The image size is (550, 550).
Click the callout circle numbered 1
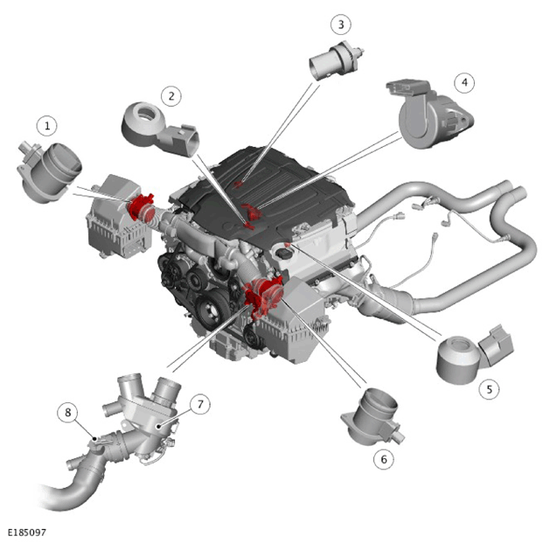(47, 126)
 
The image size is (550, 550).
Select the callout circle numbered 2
(171, 96)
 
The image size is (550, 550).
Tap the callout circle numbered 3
(341, 24)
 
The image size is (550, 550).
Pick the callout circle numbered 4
(464, 83)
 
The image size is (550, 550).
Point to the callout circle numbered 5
(490, 388)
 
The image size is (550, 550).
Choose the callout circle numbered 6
(384, 459)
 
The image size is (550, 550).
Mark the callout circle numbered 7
(200, 405)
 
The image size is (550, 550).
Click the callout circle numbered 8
(68, 413)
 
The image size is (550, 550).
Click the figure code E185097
(27, 533)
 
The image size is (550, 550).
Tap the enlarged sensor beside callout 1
(48, 172)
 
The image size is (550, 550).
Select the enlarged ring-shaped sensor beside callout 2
(160, 128)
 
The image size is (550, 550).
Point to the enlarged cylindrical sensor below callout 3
(335, 61)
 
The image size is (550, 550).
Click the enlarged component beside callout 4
(429, 114)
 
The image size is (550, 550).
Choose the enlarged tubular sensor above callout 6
(372, 417)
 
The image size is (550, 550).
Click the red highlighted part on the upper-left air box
(141, 207)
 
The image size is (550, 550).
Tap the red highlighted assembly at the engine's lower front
(264, 296)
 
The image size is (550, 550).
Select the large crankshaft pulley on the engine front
(210, 310)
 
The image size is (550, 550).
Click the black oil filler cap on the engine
(284, 254)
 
